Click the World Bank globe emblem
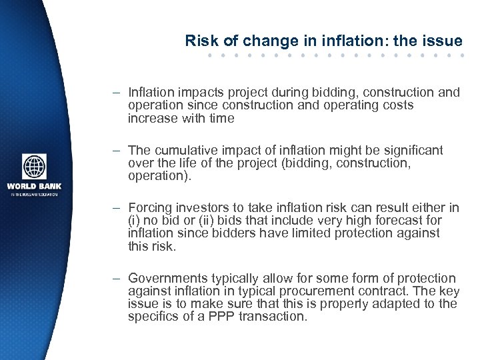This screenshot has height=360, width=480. click(x=34, y=167)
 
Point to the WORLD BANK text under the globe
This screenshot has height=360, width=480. click(x=34, y=186)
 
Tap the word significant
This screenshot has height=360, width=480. click(x=409, y=151)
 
